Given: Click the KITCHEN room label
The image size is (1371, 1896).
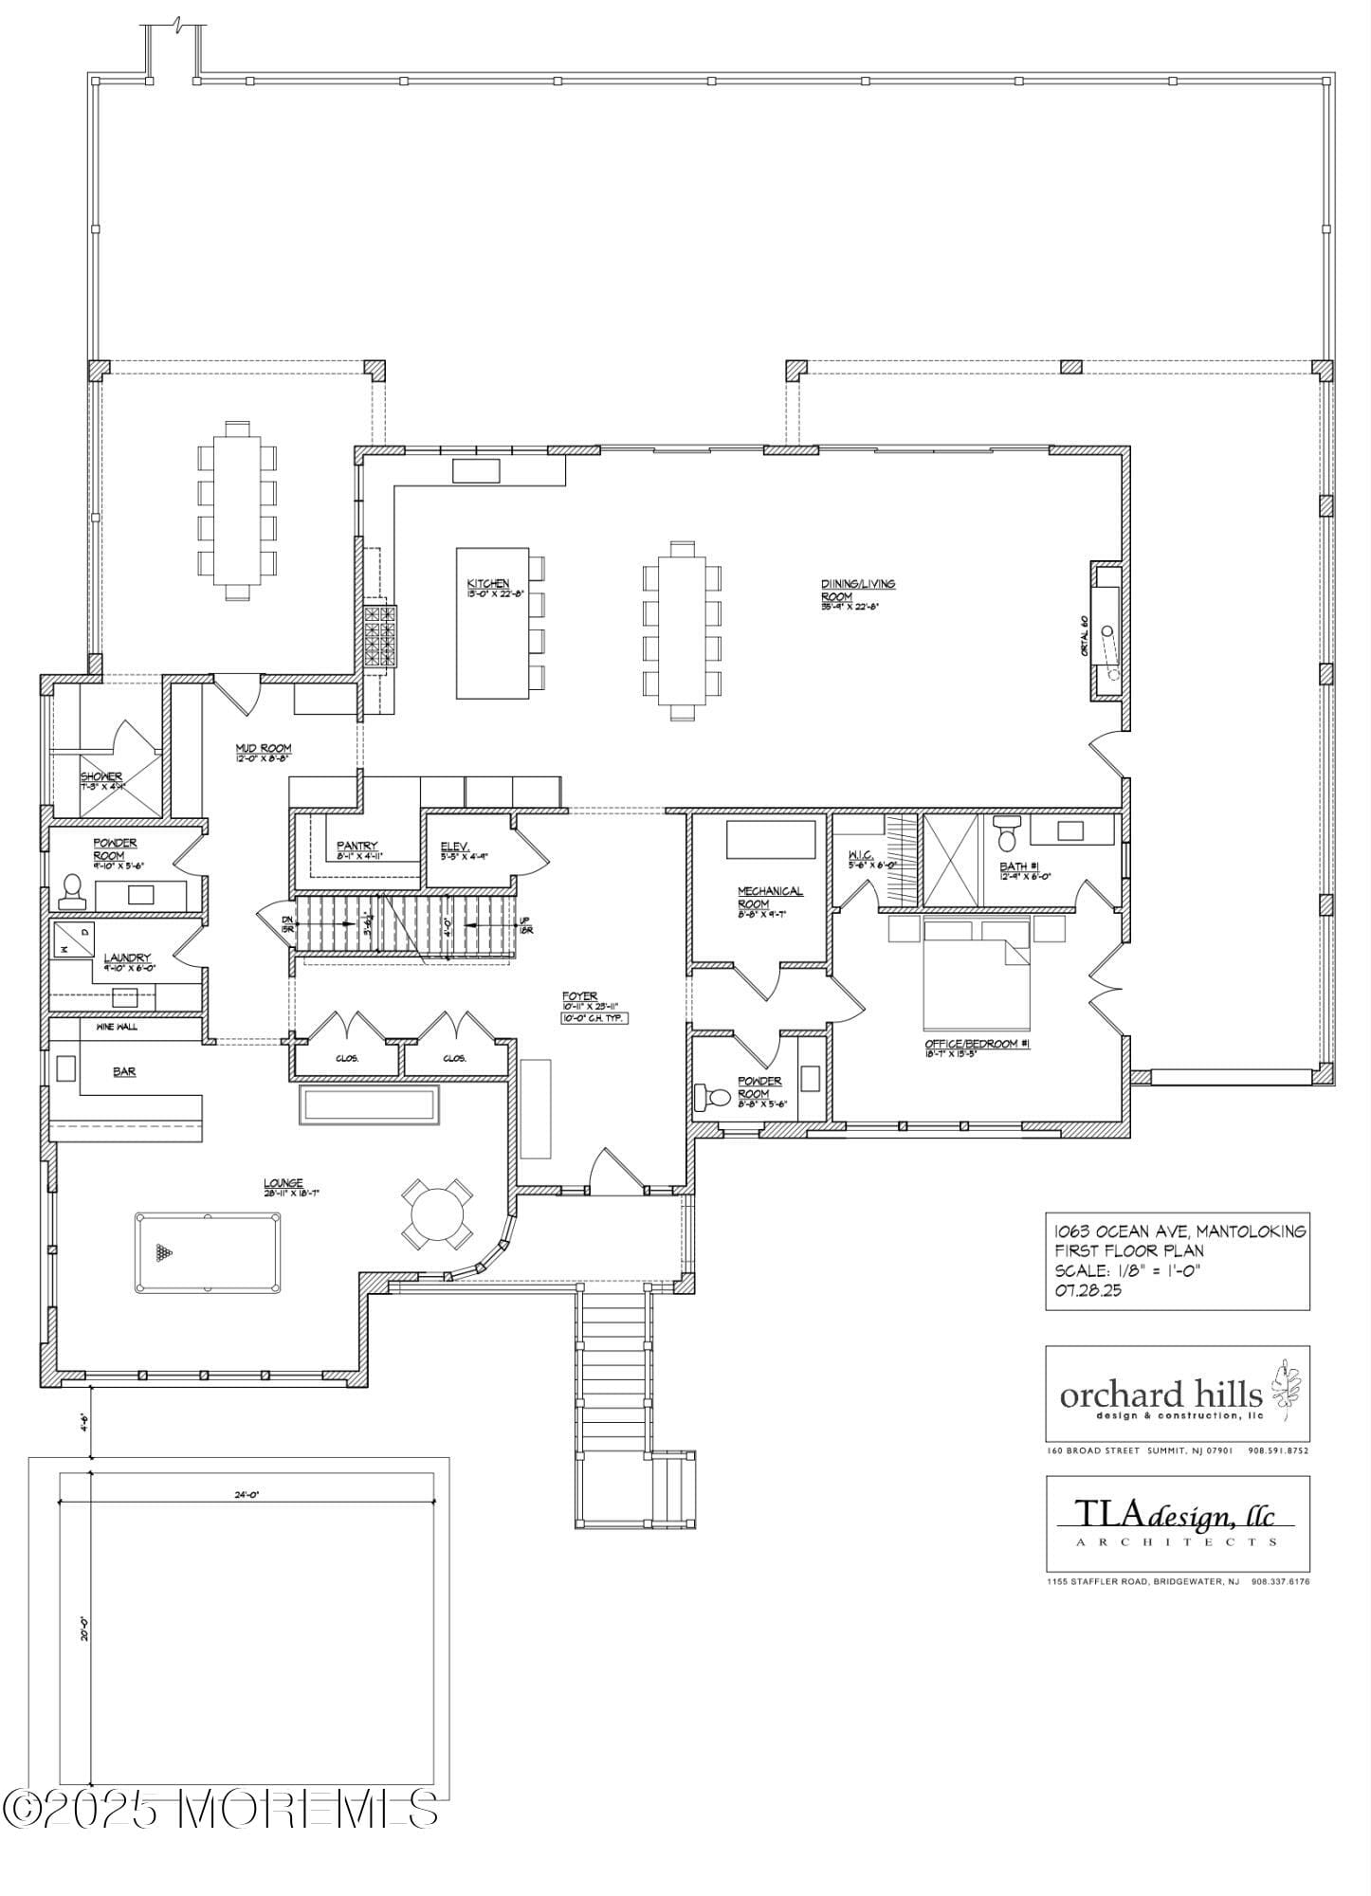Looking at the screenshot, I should coord(487,583).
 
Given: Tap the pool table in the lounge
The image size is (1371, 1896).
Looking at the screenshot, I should coord(207,1252).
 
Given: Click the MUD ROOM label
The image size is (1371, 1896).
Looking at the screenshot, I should coord(263,748).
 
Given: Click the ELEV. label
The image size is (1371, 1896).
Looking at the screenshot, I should coord(455,847).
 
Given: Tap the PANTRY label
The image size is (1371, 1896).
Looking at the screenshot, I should coord(356,846).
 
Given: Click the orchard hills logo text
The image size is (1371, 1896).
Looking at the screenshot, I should coord(1161,1395).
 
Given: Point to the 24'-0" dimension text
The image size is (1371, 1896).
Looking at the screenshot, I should coord(247,1495).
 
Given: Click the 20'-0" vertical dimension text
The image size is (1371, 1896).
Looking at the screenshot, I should coord(84,1629).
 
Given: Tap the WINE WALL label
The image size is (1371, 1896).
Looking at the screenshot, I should coord(114,1027).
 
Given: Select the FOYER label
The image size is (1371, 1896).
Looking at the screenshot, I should coord(578,996).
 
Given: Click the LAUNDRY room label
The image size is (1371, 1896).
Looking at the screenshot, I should coord(127,957).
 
